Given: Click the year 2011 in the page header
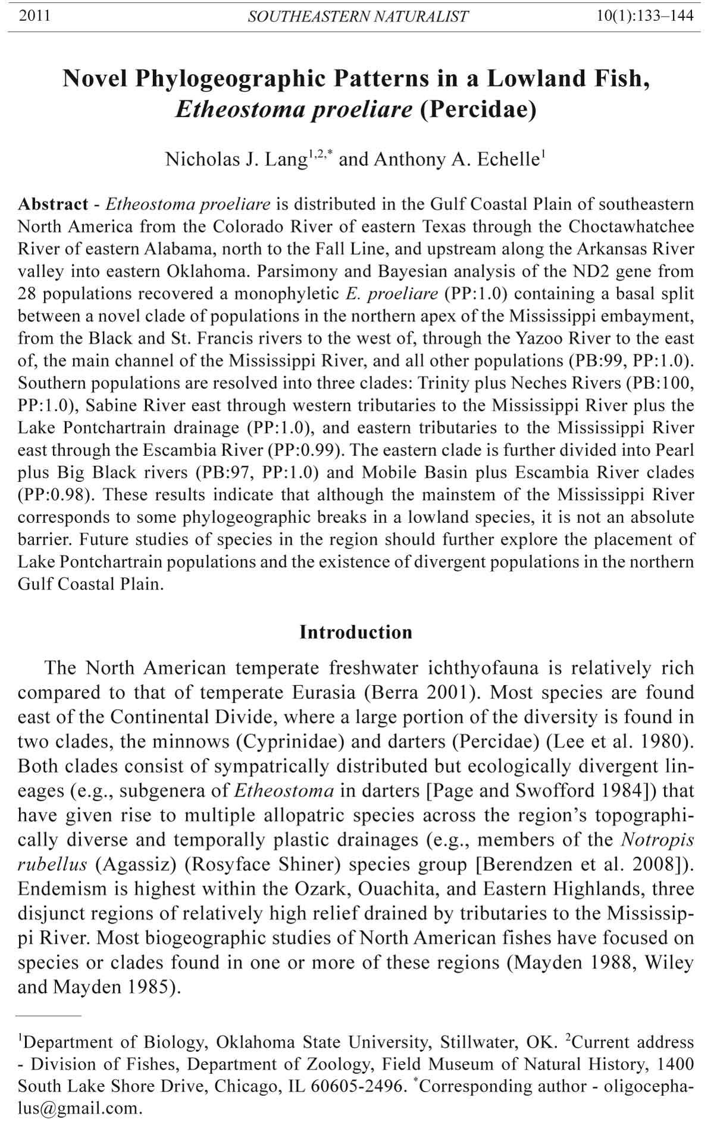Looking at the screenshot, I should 35,16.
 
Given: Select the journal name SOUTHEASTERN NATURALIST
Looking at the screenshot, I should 358,17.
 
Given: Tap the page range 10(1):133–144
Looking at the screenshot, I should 645,16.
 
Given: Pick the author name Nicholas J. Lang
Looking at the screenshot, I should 236,159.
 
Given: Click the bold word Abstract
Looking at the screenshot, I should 53,204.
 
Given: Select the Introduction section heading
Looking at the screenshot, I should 356,632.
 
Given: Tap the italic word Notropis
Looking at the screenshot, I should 657,839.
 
